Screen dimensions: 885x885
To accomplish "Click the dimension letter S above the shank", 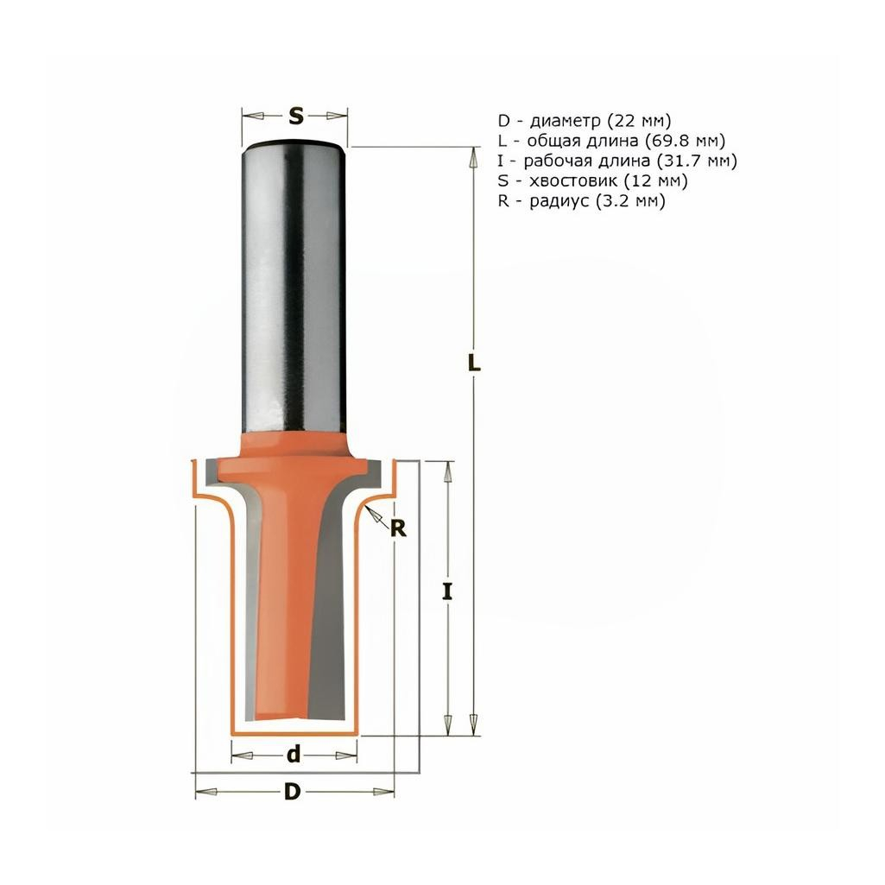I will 295,116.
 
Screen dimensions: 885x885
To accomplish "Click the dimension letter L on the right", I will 473,364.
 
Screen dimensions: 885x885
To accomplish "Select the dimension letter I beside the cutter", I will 446,592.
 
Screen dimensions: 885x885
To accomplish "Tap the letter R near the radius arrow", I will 397,528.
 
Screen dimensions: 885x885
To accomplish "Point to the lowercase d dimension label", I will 294,755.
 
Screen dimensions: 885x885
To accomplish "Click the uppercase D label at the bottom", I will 294,792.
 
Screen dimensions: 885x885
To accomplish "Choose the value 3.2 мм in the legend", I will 634,200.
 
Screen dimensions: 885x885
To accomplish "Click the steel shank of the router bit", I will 294,285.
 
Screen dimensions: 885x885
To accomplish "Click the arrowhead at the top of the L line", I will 473,156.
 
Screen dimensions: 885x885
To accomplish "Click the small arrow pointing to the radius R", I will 374,515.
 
